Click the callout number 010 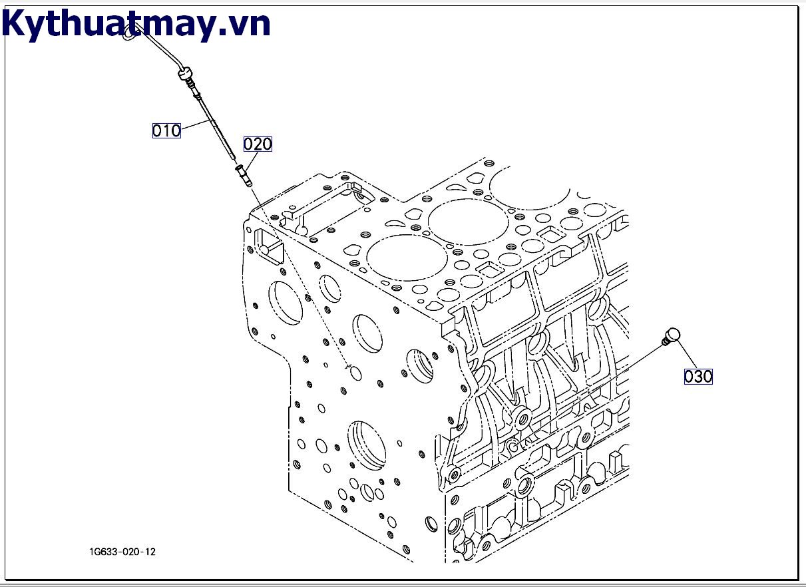166,130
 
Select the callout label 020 258,144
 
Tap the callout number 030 698,377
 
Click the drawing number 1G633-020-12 123,552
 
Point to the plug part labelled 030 672,335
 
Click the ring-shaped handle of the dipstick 131,29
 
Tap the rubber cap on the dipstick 184,73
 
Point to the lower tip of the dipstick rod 233,158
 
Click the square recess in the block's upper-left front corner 269,244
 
